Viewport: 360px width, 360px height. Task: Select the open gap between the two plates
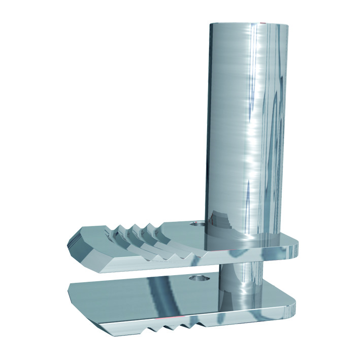pos(152,274)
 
